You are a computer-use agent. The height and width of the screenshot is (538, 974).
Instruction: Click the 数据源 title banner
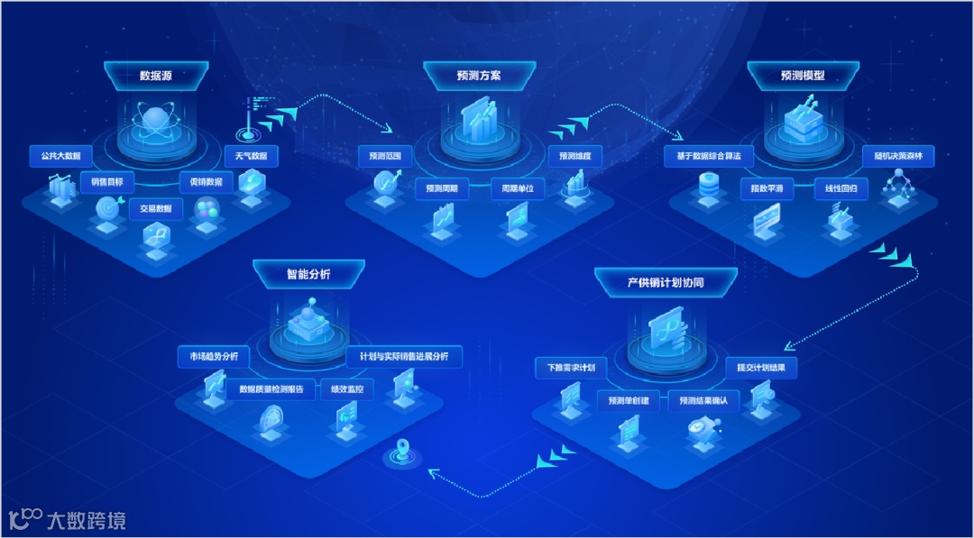tap(155, 76)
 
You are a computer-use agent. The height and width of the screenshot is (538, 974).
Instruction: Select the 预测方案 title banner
tap(479, 76)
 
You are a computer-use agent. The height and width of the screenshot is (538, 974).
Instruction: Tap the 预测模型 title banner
tap(803, 76)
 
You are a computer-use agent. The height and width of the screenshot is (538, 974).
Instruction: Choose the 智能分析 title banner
tap(308, 274)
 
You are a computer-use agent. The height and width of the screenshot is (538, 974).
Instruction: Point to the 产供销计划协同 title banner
tap(666, 282)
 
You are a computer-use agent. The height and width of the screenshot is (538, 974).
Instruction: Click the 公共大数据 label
tap(55, 155)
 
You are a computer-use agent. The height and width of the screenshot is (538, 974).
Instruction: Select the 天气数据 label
tap(251, 156)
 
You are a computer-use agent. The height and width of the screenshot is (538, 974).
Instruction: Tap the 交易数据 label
tap(155, 209)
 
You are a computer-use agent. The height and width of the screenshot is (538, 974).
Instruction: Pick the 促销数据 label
tap(206, 181)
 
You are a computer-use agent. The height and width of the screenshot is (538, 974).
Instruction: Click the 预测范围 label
tap(384, 156)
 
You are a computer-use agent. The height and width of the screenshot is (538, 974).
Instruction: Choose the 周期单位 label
tap(518, 189)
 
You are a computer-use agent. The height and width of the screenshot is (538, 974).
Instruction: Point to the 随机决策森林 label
tap(898, 156)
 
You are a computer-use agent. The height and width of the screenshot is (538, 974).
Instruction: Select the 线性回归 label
tap(841, 189)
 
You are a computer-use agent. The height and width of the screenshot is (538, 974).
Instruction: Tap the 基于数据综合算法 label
tap(708, 156)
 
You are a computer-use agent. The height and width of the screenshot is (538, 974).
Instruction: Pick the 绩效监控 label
tap(347, 390)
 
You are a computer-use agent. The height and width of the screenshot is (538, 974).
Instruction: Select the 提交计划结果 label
tap(761, 368)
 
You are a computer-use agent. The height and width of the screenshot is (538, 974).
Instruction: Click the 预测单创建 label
tap(629, 401)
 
